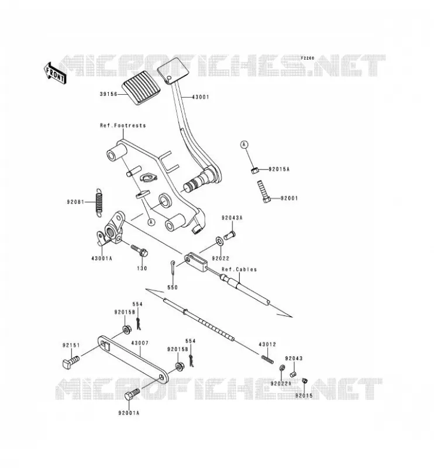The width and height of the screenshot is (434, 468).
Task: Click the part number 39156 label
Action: tap(108, 94)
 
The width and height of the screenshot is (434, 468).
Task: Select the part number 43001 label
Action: tap(201, 97)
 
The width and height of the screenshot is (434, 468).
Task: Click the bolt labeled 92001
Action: tap(264, 191)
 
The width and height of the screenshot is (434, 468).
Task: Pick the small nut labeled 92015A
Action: tap(254, 170)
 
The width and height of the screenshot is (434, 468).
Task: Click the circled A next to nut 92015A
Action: tap(244, 144)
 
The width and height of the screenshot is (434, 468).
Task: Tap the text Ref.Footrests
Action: tap(123, 125)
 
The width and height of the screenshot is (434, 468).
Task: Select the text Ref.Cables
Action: tap(239, 269)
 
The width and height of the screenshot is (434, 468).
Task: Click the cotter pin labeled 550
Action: tap(173, 268)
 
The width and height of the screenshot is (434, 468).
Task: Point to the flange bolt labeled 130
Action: tap(139, 251)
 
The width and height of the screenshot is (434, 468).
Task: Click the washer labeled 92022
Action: tap(219, 240)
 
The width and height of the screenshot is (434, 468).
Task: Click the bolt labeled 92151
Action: tap(71, 362)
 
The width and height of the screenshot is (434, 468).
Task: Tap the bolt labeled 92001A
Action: tap(132, 394)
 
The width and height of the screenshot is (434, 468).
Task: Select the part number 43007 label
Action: tap(140, 343)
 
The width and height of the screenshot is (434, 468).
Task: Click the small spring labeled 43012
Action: tap(267, 359)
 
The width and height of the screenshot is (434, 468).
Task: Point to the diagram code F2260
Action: tap(308, 58)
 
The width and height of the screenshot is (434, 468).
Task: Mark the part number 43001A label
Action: tap(102, 259)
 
